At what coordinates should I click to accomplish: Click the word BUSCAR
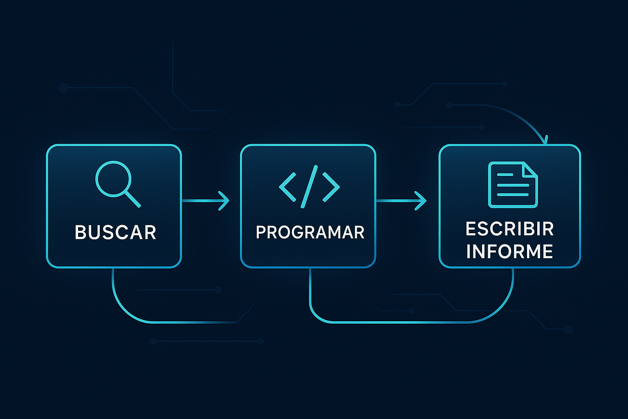point(115,232)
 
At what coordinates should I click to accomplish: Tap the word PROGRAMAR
point(310,232)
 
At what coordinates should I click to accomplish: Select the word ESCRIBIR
point(510,229)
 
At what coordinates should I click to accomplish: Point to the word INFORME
point(510,251)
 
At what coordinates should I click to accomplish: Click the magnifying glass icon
point(118,184)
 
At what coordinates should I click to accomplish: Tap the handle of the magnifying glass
point(132,199)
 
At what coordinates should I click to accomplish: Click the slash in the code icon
point(309,187)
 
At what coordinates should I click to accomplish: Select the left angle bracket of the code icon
point(287,187)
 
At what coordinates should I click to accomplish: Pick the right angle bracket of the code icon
point(331,187)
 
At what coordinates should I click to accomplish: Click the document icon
point(513,185)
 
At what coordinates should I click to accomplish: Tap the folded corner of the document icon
point(530,170)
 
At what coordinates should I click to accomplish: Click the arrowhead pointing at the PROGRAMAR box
point(224,200)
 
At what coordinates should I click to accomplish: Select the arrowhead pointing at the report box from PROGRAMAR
point(421,200)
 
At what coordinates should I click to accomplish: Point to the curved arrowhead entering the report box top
point(545,140)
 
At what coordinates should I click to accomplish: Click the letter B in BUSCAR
point(80,232)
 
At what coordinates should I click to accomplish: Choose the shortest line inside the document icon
point(505,175)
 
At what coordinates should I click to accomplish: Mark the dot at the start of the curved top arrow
point(449,105)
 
